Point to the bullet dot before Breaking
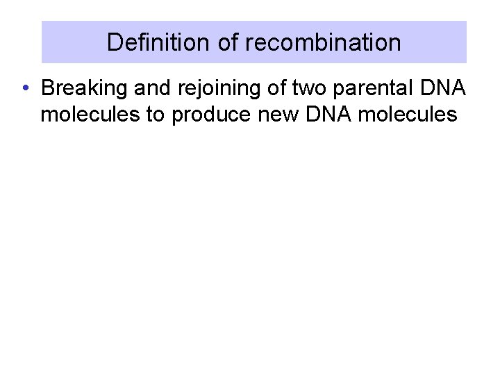pos(24,89)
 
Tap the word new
pos(265,115)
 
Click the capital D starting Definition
pos(114,43)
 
